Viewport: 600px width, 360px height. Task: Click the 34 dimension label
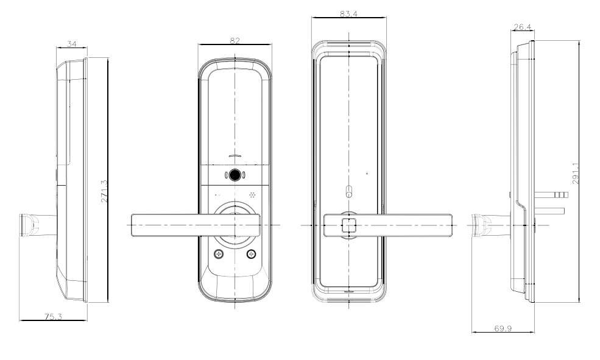(x=72, y=44)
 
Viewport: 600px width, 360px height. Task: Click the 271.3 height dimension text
(x=105, y=191)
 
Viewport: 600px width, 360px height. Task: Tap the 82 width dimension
(x=235, y=41)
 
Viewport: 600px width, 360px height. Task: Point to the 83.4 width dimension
(x=348, y=14)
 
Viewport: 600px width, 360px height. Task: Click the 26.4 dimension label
(x=523, y=27)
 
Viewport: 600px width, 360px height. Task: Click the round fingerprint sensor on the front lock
(x=235, y=176)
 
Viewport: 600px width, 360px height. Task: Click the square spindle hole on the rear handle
(x=348, y=224)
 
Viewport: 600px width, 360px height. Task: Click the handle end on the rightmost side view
(x=481, y=225)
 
